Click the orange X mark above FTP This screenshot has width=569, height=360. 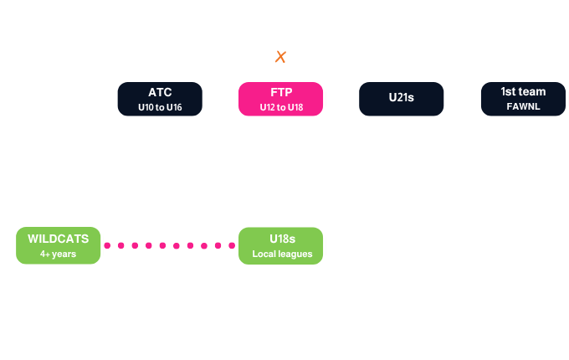(x=280, y=57)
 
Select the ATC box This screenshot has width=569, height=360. (x=160, y=99)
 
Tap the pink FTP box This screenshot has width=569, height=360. (x=280, y=99)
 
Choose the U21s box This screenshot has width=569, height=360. (x=402, y=99)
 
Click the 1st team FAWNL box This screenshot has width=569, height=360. (x=523, y=99)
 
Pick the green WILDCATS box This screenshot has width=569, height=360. (x=58, y=245)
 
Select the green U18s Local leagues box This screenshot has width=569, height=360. (x=280, y=246)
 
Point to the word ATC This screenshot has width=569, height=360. (x=160, y=93)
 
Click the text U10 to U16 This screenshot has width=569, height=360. (x=160, y=107)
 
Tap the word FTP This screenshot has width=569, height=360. (x=281, y=93)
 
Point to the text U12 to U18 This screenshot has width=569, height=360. (x=281, y=107)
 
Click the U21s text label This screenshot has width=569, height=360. (x=402, y=98)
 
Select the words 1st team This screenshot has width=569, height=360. (x=523, y=92)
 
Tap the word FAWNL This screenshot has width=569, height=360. (x=523, y=106)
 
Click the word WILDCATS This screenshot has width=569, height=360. (x=58, y=239)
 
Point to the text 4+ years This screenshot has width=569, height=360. (x=58, y=254)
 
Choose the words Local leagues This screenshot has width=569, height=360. (x=282, y=254)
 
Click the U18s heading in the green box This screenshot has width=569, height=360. (x=282, y=239)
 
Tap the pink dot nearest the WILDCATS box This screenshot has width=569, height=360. (x=107, y=245)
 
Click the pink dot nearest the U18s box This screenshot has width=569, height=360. (x=232, y=245)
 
